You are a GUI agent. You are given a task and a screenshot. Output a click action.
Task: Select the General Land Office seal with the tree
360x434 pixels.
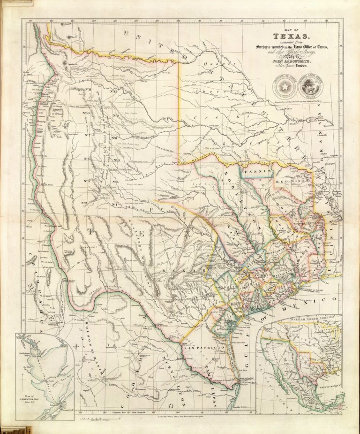309,85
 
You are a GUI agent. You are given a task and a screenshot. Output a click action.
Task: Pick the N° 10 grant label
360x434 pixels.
86,113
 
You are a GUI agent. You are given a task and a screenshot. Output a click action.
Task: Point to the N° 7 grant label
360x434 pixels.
87,136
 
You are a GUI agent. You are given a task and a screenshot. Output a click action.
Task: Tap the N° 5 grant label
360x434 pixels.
116,160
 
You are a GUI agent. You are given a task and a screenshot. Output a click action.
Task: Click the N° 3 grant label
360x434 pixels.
87,181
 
